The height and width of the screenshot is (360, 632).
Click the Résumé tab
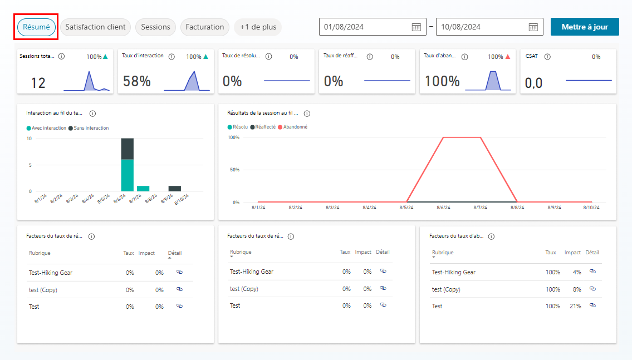[x=36, y=27]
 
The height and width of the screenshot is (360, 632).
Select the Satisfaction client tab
[x=96, y=27]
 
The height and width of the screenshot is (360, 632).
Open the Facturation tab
[x=205, y=27]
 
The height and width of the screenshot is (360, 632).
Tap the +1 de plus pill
[x=258, y=27]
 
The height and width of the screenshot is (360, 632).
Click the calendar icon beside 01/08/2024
[x=417, y=27]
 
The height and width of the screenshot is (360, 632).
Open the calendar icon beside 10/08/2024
[x=533, y=27]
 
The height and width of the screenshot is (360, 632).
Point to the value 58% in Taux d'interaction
[x=136, y=81]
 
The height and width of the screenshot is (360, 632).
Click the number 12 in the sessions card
[x=38, y=83]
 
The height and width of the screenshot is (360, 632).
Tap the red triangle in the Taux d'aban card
[x=508, y=57]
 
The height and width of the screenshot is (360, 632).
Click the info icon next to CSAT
[x=547, y=57]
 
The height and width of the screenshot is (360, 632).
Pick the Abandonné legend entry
[x=293, y=127]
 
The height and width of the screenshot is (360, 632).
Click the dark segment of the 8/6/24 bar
[x=128, y=149]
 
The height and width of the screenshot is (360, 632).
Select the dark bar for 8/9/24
[x=174, y=189]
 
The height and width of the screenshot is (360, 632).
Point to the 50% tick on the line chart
[x=234, y=170]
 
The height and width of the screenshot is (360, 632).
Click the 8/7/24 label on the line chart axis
[x=480, y=208]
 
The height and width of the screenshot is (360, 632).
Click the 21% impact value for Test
[x=575, y=306]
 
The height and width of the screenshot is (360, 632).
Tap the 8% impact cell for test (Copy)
[x=577, y=289]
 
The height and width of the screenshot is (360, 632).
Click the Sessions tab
[x=155, y=27]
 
